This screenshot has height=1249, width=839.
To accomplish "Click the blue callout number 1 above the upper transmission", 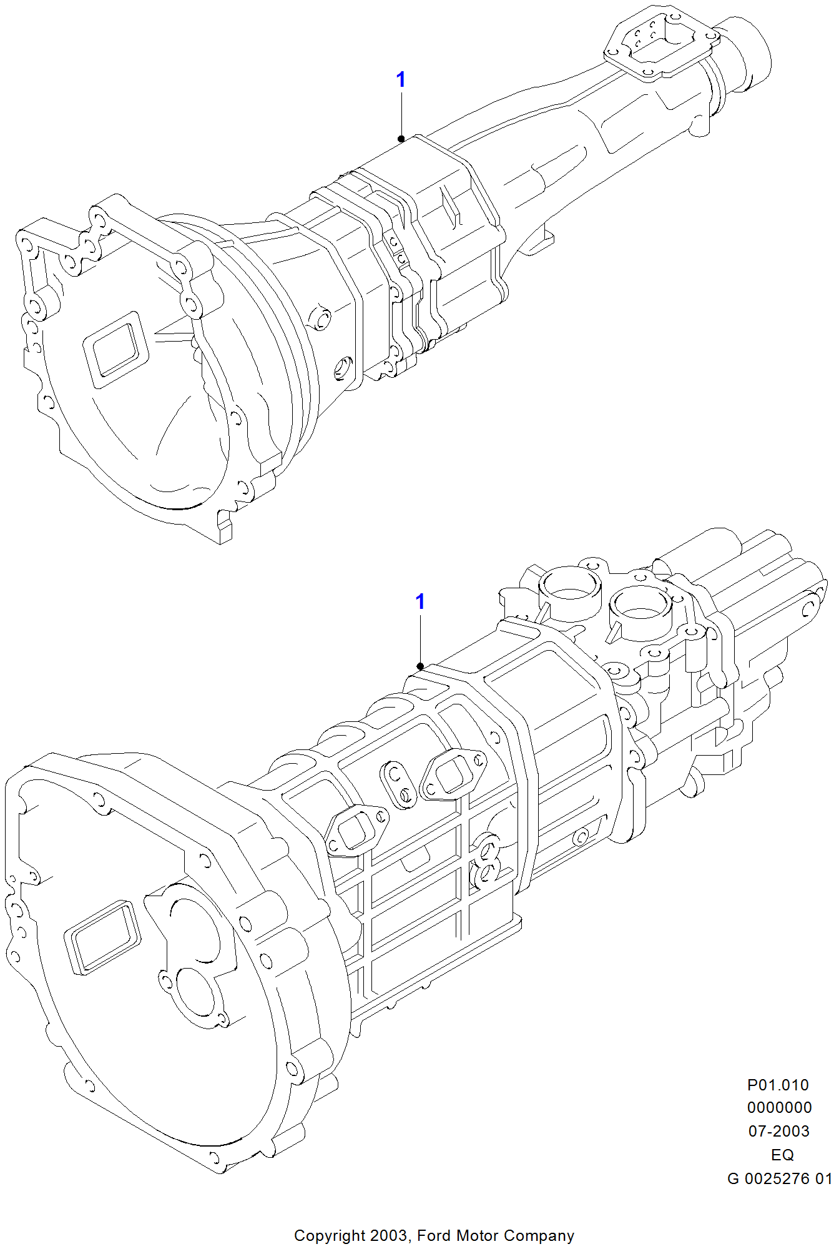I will point(401,79).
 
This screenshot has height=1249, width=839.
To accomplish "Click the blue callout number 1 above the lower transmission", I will point(420,601).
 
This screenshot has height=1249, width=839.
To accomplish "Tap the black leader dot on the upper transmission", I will point(401,139).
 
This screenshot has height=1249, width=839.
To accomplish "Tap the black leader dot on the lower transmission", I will point(420,666).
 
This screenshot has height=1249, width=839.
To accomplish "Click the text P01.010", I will point(778,1085).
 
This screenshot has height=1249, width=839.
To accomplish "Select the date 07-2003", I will point(778,1131).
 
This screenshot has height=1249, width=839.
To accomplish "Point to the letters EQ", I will point(782,1155).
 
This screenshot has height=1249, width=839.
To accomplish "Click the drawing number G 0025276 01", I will point(779,1178).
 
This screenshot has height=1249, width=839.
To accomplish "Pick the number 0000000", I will point(779,1107).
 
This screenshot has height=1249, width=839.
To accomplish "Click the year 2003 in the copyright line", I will point(389,1235).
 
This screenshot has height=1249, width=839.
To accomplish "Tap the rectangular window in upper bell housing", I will point(116,350).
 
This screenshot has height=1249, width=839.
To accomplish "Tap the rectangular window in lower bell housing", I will point(102,937).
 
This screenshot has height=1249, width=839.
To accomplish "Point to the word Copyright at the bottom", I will point(330,1235).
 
